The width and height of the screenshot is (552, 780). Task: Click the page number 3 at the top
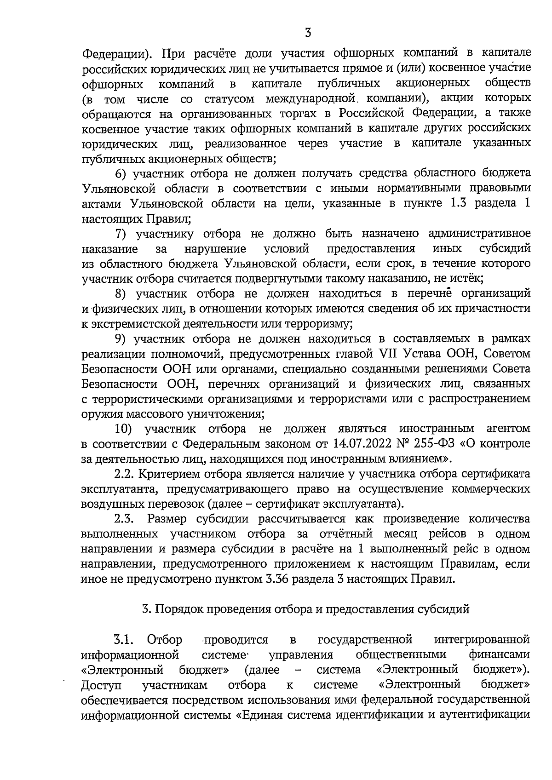pyautogui.click(x=308, y=33)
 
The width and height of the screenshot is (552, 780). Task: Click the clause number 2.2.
pyautogui.click(x=124, y=474)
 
